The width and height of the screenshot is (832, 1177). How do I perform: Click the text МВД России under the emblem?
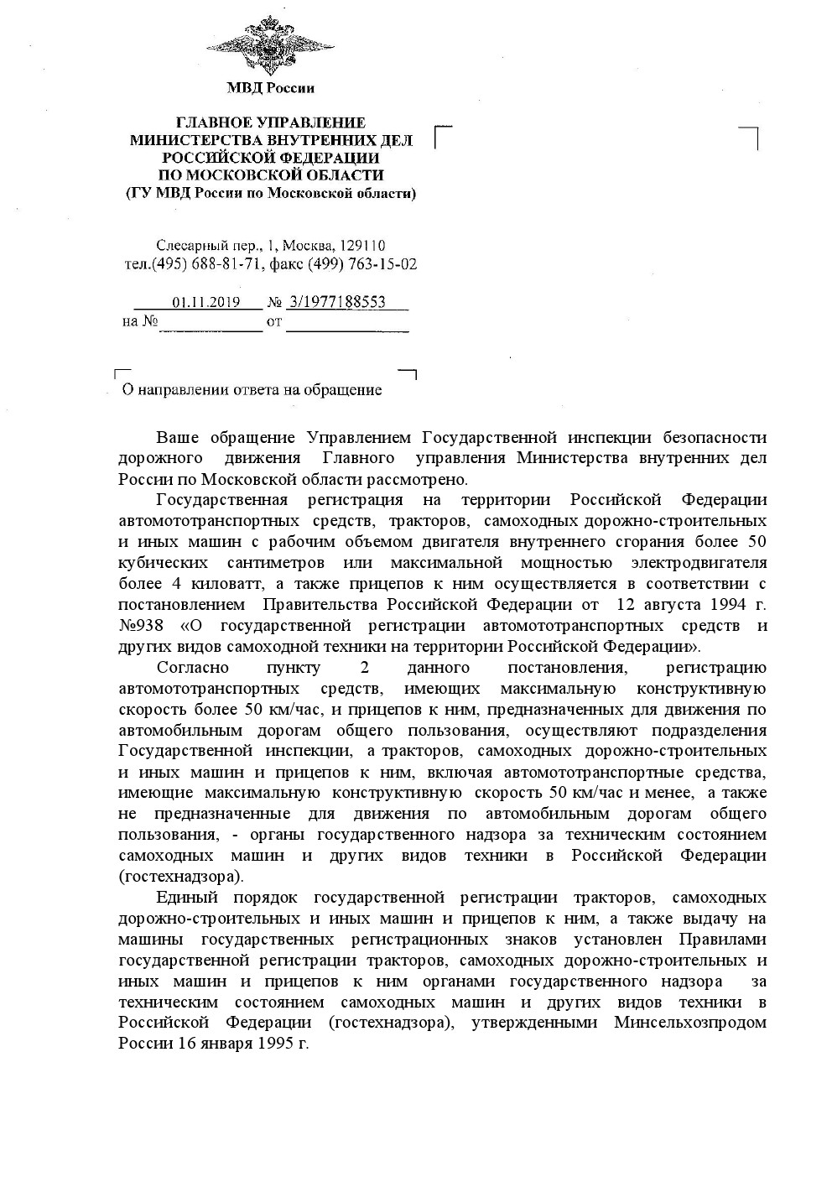pos(270,88)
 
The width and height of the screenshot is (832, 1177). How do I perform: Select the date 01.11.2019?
pos(206,303)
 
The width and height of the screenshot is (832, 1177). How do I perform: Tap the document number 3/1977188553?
pos(336,303)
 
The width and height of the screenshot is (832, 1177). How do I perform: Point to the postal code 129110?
pos(362,246)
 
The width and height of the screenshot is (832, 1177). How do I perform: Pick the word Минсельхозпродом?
pos(690,1023)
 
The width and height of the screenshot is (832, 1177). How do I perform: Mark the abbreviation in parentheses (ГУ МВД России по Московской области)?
pos(270,194)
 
